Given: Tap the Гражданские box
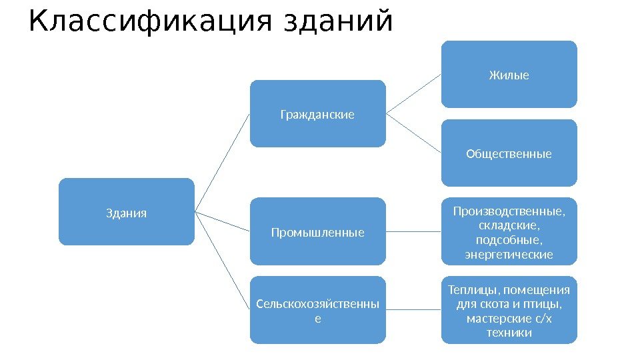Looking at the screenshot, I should point(317,115).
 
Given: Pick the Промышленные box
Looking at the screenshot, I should point(317,233).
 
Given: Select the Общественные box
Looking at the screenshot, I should point(509,154).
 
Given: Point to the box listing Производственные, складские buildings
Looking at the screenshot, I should point(509,233).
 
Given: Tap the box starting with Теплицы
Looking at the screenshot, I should point(509,311).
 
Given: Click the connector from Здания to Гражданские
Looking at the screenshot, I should point(223,163).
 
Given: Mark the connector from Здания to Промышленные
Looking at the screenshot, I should point(223,221).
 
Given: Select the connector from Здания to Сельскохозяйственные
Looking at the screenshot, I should point(223,261).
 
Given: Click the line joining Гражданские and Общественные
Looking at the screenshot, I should point(413,133).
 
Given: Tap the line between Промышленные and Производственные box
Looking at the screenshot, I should point(413,233).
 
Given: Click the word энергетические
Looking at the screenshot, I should point(509,255).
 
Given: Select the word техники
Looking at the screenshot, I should point(509,333).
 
